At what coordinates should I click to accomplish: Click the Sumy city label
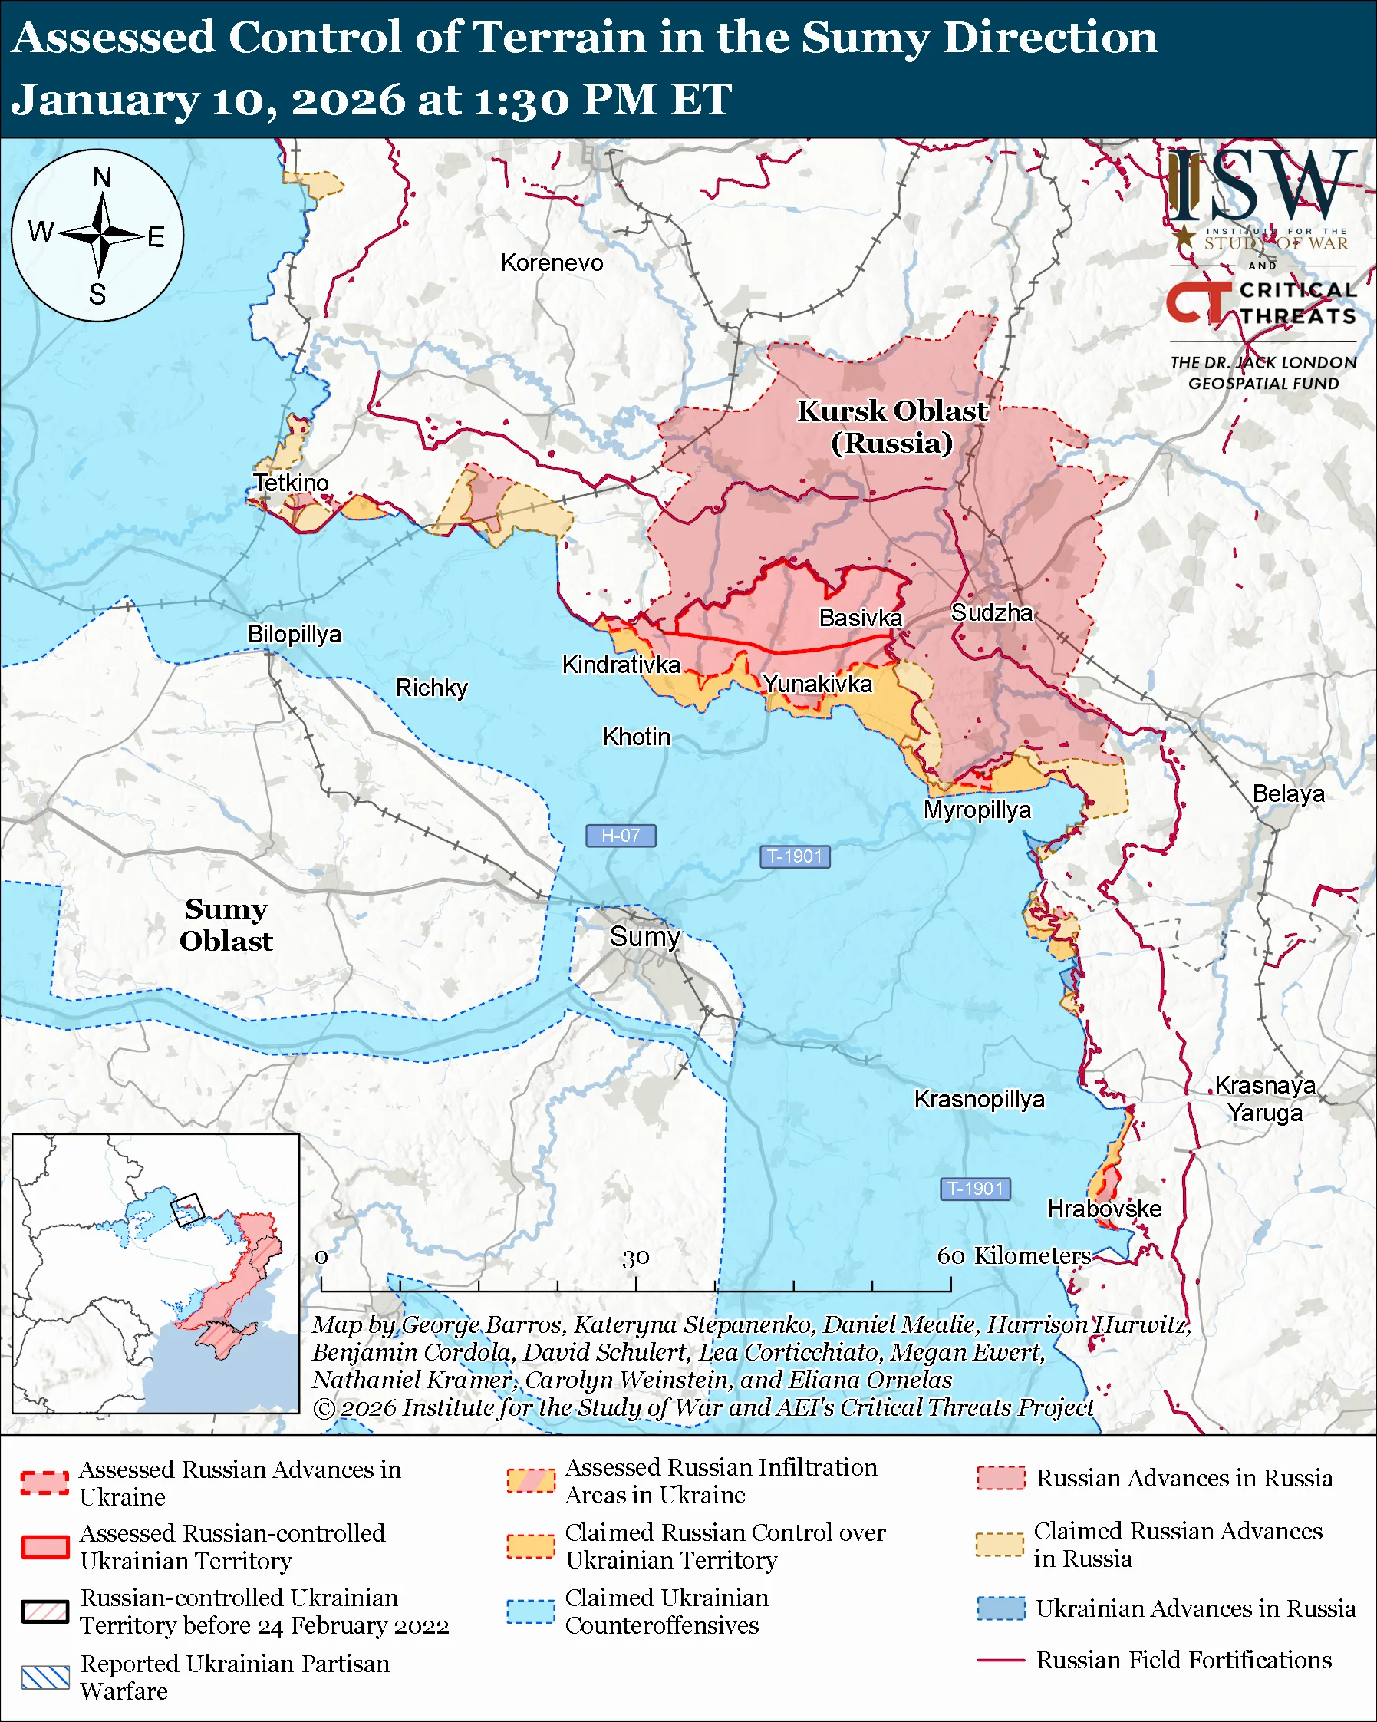[644, 936]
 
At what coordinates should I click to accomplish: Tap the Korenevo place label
[552, 262]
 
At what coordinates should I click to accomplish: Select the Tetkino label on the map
[291, 483]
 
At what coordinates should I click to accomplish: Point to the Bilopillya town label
[294, 634]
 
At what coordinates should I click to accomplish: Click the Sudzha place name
[991, 612]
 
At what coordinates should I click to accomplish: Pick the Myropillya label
[977, 810]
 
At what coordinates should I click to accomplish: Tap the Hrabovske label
[1104, 1209]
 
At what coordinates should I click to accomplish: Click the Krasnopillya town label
[979, 1099]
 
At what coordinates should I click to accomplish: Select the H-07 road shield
[621, 836]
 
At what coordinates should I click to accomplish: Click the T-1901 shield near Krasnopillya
[976, 1189]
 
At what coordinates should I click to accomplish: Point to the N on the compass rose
[101, 177]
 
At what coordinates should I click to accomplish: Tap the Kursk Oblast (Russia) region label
[891, 427]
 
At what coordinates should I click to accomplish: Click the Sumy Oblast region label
[226, 925]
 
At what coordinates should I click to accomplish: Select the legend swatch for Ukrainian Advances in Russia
[1001, 1608]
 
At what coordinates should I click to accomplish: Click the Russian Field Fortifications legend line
[1000, 1660]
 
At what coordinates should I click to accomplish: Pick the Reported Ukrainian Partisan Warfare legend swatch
[44, 1677]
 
